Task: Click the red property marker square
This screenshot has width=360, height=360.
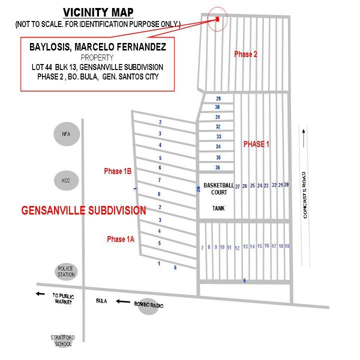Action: pos(217,19)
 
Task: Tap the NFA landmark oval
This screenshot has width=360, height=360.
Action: pos(66,134)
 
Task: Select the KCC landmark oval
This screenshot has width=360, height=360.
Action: pos(66,180)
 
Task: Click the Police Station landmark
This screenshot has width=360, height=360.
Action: pos(66,271)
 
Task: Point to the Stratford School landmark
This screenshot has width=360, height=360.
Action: pos(62,340)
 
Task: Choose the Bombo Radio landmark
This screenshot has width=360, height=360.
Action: pos(148,305)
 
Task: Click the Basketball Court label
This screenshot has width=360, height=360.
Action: pos(218,188)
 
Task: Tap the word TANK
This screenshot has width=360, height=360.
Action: pos(218,208)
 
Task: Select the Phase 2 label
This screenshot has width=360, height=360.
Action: pos(245,54)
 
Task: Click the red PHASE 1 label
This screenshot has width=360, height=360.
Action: pos(256,144)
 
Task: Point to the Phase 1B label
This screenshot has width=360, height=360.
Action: pos(117,171)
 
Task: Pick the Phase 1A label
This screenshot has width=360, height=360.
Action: pos(120,239)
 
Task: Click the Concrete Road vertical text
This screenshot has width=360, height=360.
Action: pos(304,195)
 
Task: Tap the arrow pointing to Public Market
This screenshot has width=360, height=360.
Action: pos(40,293)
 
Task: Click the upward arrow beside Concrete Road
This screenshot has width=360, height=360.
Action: pos(303,138)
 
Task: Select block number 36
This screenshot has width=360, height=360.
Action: pos(217,167)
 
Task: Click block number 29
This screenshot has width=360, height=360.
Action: pos(218,98)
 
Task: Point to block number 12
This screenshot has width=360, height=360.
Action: pos(237,248)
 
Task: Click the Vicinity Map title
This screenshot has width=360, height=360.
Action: pos(98,12)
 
